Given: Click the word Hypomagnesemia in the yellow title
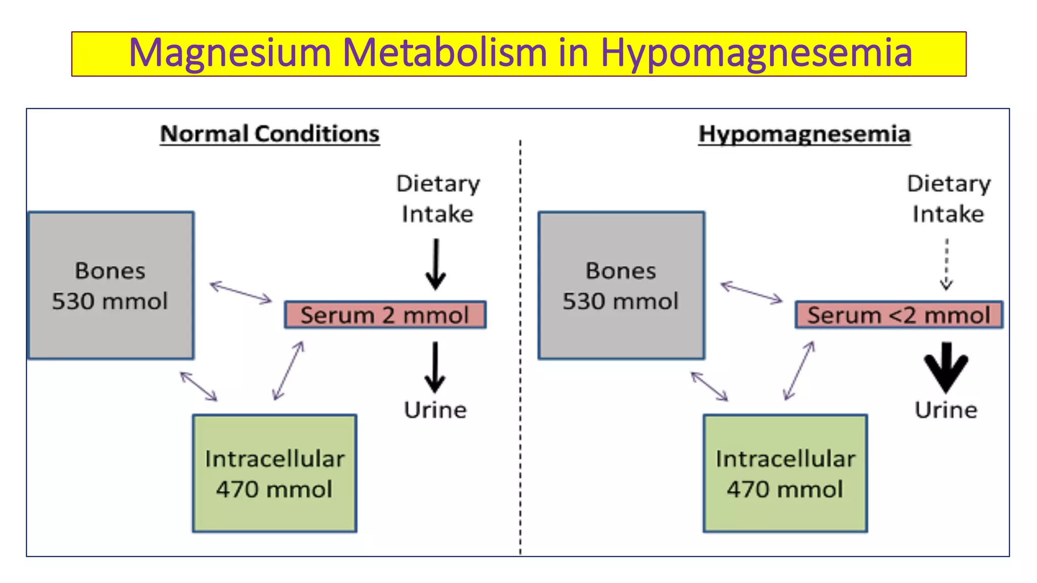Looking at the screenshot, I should coord(756,53).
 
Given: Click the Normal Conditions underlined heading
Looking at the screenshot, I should coord(269,134).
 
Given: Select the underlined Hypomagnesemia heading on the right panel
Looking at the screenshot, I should coord(804,134).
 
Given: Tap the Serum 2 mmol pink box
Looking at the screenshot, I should coord(385,315).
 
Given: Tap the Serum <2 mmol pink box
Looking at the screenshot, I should coord(898,315).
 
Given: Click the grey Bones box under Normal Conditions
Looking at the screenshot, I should coord(111,285).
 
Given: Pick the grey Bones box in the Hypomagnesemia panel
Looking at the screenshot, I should coord(621,285).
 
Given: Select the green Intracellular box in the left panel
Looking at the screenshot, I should coord(274,473).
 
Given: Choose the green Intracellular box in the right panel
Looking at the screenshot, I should coord(785,473).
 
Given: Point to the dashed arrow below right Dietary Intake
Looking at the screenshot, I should coord(946,264).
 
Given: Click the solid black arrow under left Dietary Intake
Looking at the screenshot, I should coord(435,264).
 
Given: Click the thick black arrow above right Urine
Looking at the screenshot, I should coord(946,367).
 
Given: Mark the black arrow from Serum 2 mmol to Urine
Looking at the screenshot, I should coord(435,367).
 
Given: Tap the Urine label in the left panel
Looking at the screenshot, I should coord(435,410).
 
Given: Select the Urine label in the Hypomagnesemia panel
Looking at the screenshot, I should coord(945,410).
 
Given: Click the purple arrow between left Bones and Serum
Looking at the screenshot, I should coord(241,293).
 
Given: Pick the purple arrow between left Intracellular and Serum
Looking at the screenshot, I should coord(289,370).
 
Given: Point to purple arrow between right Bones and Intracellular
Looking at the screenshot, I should coord(709,387).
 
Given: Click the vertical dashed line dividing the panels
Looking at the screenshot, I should coord(520,354).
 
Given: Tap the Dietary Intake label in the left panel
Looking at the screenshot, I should coord(437,198).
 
